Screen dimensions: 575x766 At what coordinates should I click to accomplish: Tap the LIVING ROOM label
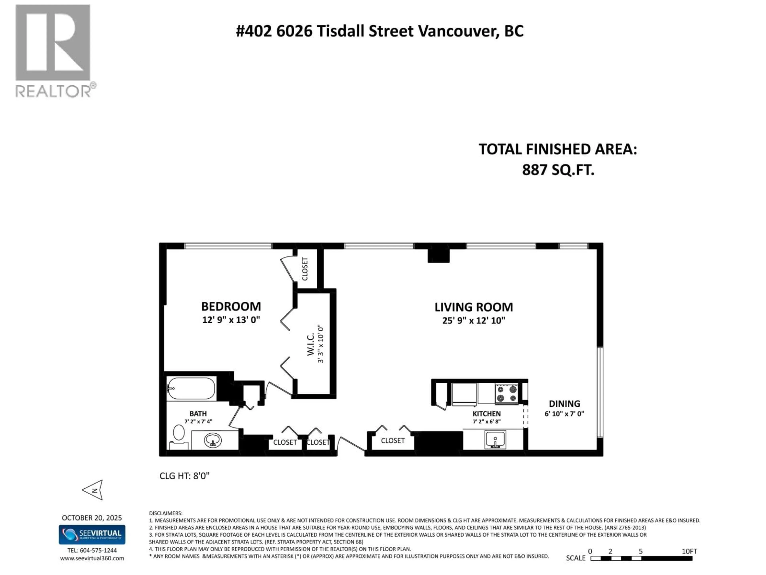(473, 307)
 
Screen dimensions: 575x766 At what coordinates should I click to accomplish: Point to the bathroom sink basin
(213, 440)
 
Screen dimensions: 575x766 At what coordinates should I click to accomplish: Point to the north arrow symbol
(94, 490)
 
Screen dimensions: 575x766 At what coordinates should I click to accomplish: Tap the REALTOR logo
(53, 50)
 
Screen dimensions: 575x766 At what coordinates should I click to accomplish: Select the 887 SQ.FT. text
(558, 170)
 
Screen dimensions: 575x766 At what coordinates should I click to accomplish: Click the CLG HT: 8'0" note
(184, 476)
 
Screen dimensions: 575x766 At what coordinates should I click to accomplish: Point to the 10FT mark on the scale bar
(689, 551)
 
